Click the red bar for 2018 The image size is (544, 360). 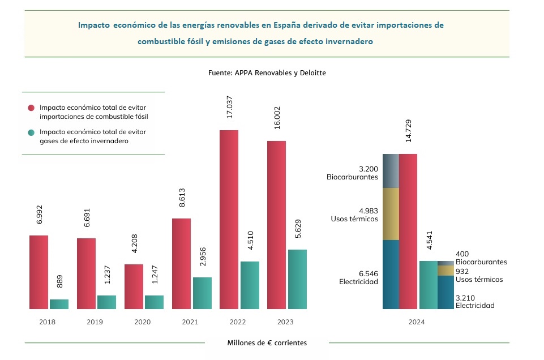pos(38,272)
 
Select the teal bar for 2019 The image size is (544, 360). pos(106,302)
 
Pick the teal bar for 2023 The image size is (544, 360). pos(297,279)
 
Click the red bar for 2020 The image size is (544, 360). pos(134,286)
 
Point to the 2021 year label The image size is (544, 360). pos(190,322)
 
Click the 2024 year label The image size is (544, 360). pos(416,322)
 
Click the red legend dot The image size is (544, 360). pos(31,107)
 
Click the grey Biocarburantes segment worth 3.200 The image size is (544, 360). pos(391,170)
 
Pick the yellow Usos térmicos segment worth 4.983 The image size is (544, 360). pos(391,214)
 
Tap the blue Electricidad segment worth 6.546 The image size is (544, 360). pos(391,275)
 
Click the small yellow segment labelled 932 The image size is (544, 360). pos(446,271)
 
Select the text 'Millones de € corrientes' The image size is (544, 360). pos(267,342)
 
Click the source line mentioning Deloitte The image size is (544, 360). pos(267,73)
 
